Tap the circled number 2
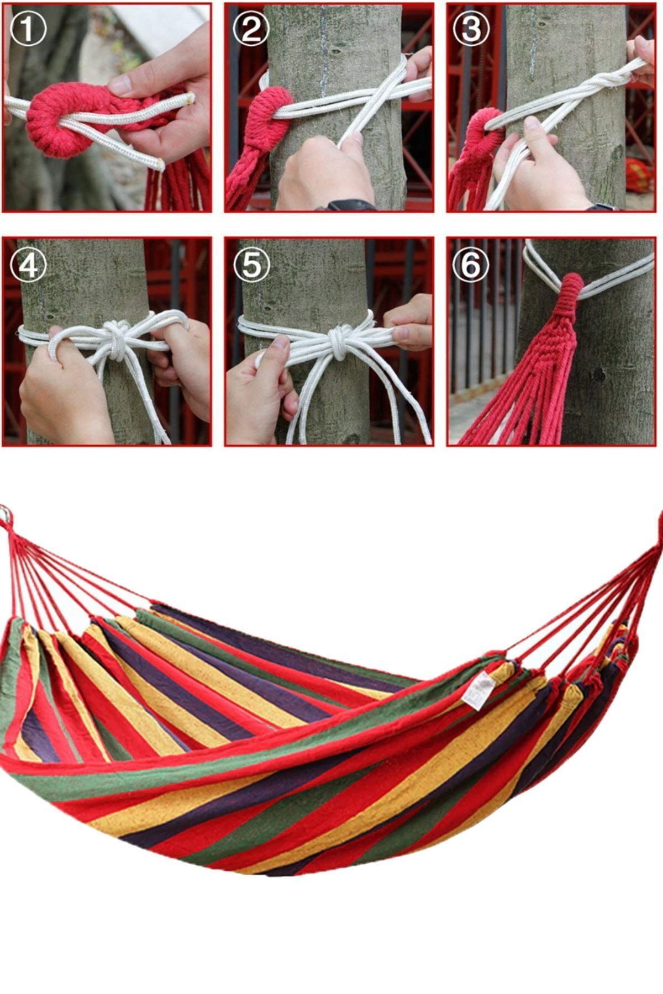click(x=251, y=29)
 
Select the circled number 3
click(x=471, y=29)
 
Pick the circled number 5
click(x=251, y=265)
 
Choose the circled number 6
click(x=471, y=265)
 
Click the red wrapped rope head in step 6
click(x=569, y=299)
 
